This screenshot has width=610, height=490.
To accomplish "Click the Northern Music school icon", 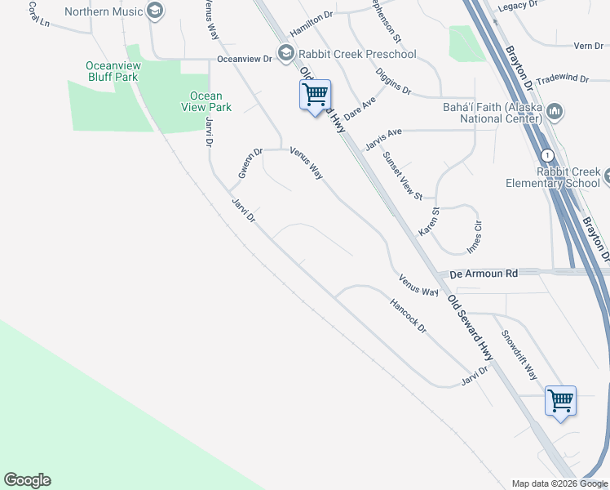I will tap(157, 11).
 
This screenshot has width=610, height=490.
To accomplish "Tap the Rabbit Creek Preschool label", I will tap(357, 55).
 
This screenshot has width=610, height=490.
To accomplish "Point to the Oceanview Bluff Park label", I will tap(113, 71).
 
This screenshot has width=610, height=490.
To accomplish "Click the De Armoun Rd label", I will tap(484, 274).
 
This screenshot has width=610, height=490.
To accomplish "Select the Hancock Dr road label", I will tap(408, 316).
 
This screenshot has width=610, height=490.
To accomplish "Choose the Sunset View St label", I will tap(403, 176).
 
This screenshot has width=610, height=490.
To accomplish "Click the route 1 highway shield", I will tap(547, 154).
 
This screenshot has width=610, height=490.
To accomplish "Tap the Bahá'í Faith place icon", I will tap(555, 111).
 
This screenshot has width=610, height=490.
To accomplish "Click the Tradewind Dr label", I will tap(563, 78).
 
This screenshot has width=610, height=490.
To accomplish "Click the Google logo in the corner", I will tap(27, 480).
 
